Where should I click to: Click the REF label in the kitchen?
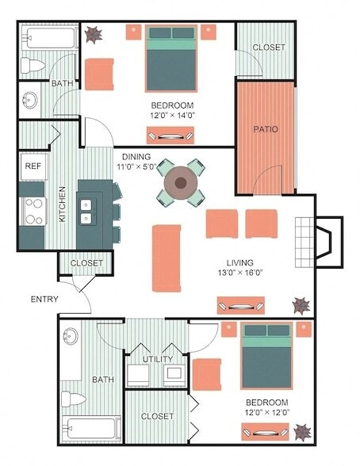click(x=33, y=166)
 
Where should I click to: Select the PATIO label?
click(x=265, y=129)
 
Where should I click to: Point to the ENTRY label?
click(x=44, y=299)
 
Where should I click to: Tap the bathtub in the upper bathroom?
click(x=48, y=37)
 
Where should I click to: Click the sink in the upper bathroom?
click(x=29, y=101)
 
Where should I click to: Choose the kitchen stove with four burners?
click(x=33, y=210)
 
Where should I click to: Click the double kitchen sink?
click(x=87, y=210)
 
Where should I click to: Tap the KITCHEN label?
click(x=62, y=204)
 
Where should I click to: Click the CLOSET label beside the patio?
click(x=269, y=48)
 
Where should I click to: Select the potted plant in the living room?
click(x=301, y=304)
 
